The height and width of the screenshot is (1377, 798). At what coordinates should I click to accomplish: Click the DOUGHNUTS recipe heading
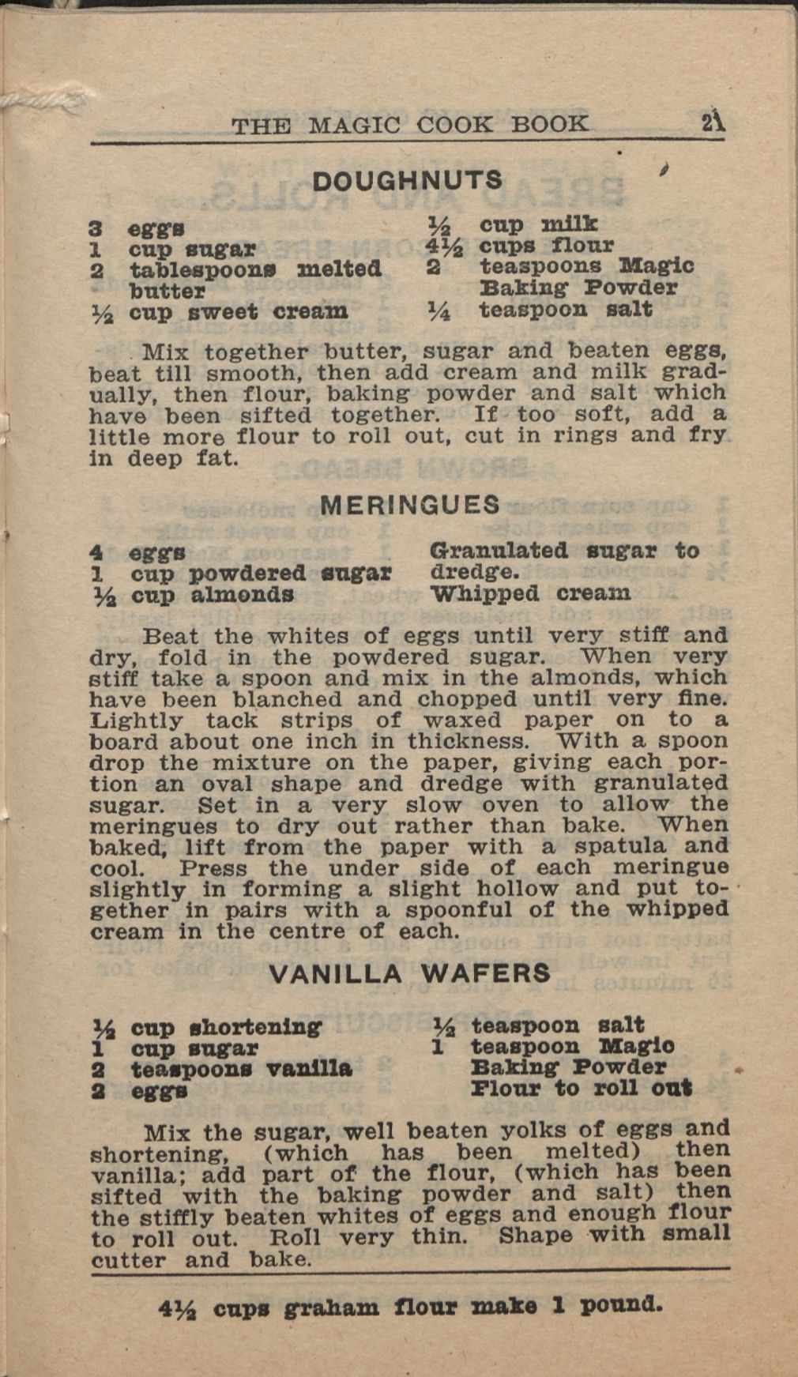point(407,180)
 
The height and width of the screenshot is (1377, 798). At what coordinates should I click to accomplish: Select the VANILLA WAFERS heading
point(409,973)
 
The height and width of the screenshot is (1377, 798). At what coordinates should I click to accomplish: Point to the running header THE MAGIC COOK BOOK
point(409,125)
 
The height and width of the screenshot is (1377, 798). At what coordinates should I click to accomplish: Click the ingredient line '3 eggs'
point(137,228)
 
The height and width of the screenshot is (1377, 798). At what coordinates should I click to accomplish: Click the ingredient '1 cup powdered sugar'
point(240,573)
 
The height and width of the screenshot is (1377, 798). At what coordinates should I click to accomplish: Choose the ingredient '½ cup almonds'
point(192,594)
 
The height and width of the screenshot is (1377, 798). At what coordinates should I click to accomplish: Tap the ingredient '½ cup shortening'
point(208,1027)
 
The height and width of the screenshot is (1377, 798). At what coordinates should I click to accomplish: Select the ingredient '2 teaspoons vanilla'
point(222,1070)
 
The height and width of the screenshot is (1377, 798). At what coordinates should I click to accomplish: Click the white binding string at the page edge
point(24,100)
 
